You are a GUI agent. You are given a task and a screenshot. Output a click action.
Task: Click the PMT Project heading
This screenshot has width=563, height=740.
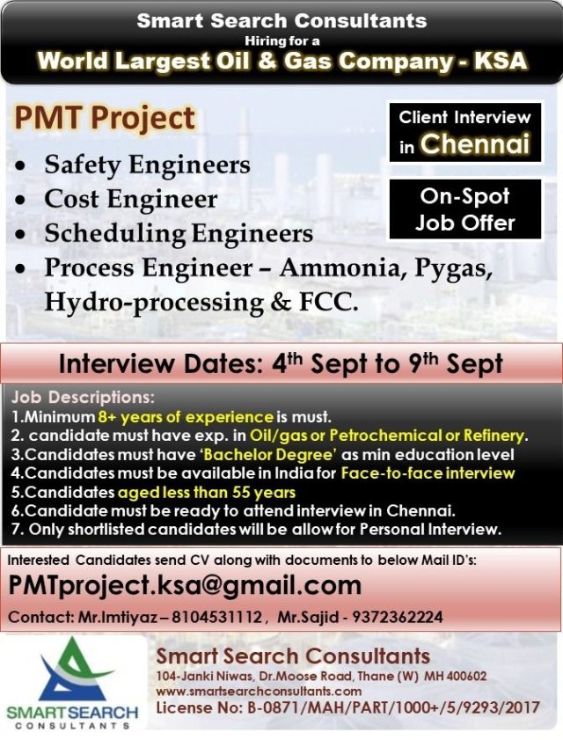[x=105, y=118]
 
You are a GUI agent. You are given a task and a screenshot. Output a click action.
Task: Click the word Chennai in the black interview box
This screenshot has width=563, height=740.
[x=475, y=143]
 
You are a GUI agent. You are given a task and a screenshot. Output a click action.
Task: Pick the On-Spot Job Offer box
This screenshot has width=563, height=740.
[x=464, y=210]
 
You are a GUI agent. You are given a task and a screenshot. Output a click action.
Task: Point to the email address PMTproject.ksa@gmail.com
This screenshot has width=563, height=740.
[x=185, y=586]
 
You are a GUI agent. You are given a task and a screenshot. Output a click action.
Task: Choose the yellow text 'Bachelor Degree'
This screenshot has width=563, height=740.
[x=270, y=455]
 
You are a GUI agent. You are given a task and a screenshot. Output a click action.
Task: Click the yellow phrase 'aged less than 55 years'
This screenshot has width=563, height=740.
[x=206, y=492]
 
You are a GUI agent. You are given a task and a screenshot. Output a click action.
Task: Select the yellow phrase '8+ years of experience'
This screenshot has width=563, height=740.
[x=186, y=417]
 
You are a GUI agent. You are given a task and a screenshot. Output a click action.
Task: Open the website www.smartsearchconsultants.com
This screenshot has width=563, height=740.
[x=259, y=692]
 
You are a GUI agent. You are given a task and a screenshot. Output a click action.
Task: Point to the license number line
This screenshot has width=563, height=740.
[x=347, y=708]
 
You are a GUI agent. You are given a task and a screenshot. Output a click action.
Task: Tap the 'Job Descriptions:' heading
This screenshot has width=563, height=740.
[x=83, y=398]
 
